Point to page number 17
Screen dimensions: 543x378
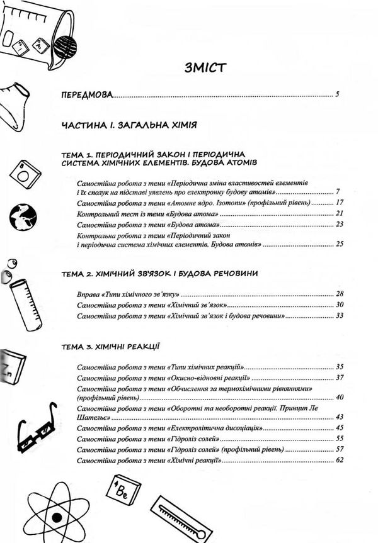(x=338, y=203)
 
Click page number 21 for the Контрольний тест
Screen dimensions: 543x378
(x=338, y=214)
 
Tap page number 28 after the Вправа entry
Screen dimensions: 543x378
(x=338, y=294)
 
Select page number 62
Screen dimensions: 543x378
(x=338, y=461)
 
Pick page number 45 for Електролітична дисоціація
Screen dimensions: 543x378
(x=338, y=428)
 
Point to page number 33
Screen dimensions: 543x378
(x=338, y=316)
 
